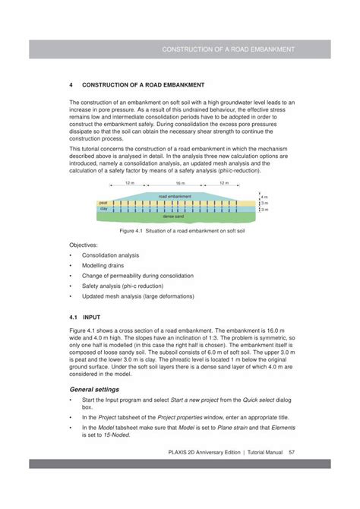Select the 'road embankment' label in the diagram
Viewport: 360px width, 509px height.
click(x=175, y=196)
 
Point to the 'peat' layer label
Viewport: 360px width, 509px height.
click(x=104, y=202)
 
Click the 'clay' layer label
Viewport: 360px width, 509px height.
click(x=104, y=208)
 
